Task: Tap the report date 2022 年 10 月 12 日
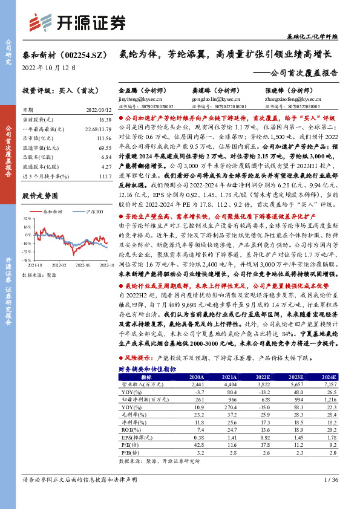coord(49,68)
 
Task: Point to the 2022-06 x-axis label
coord(84,264)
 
